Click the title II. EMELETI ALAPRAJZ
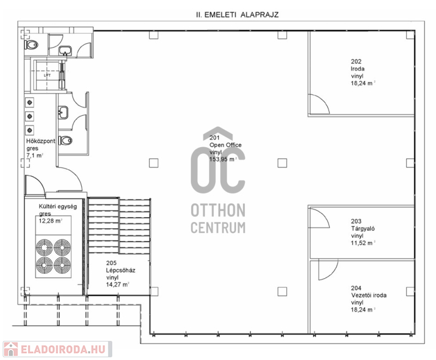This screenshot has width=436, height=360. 237,15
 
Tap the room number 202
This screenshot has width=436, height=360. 356,62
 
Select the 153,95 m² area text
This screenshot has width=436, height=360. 223,159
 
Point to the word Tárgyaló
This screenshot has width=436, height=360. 362,229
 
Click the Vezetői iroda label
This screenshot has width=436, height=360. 368,295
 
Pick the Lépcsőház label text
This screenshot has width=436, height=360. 120,270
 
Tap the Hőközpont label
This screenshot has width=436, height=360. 40,141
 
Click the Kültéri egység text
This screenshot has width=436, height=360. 58,206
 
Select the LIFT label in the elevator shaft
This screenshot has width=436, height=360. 47,75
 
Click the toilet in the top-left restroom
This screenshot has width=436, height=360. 31,45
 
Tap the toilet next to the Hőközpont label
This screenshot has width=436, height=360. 65,140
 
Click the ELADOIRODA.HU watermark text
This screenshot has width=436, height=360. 63,349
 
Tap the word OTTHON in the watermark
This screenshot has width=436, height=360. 218,211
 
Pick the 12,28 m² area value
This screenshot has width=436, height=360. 50,221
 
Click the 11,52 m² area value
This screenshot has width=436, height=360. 362,243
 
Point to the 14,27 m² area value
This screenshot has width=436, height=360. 117,284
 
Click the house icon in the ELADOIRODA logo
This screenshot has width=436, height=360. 10,349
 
